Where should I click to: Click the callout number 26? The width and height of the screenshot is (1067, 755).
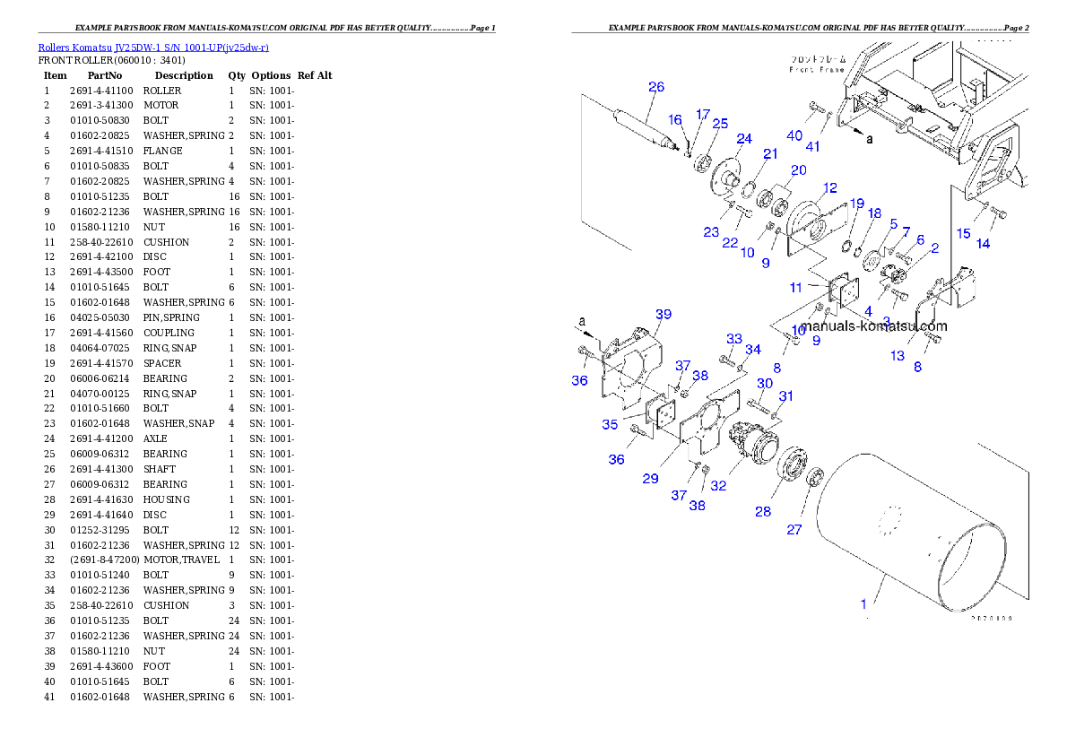click(656, 87)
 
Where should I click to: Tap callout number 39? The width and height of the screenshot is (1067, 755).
click(663, 315)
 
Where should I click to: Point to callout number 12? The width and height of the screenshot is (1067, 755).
click(830, 188)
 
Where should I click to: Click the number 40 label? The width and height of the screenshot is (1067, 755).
click(794, 135)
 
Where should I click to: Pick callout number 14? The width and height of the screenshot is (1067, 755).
click(984, 243)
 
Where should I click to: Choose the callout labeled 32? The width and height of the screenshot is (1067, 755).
click(718, 486)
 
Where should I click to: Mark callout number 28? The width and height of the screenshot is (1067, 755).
click(762, 511)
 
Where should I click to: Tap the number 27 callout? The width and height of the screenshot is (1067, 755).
click(794, 530)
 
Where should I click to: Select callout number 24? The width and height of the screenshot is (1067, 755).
click(744, 138)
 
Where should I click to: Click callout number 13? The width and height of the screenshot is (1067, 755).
click(898, 356)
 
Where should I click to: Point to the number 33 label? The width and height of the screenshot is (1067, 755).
click(734, 339)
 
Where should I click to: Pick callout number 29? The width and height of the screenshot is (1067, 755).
click(650, 479)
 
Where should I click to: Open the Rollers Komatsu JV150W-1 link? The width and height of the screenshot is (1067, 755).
click(153, 47)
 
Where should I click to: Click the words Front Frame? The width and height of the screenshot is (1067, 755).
click(816, 69)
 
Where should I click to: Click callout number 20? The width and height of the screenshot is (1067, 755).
click(798, 170)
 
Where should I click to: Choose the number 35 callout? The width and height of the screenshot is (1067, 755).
click(610, 425)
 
